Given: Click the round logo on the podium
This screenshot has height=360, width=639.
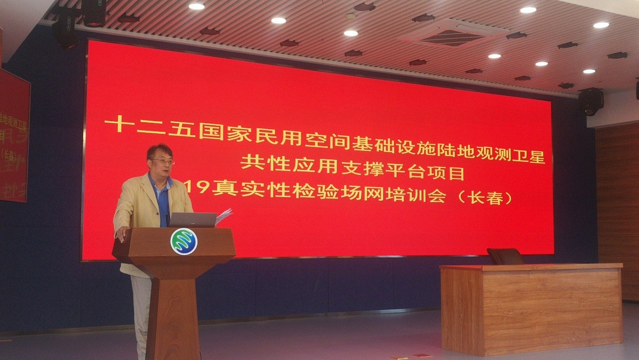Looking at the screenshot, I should tap(184, 241).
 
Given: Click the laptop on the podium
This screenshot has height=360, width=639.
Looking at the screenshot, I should tap(192, 220).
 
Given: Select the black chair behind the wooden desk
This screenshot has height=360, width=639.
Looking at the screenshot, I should tap(505, 256).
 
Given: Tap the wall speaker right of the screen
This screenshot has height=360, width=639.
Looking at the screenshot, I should tap(591, 101).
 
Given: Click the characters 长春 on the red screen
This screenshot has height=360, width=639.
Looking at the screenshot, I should tap(486, 197).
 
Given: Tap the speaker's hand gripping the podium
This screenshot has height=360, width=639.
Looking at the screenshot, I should tap(122, 232).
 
